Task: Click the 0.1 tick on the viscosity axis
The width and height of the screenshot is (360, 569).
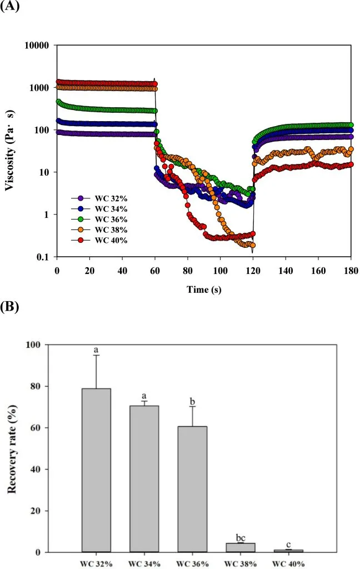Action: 44,257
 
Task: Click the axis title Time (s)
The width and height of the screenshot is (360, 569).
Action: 204,289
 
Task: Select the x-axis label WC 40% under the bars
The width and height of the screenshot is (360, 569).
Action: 288,562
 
